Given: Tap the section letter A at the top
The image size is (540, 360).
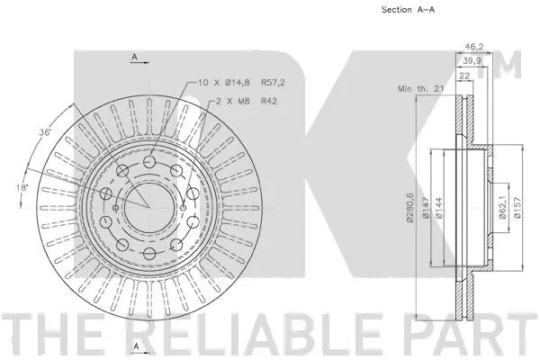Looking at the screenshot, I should [135, 57].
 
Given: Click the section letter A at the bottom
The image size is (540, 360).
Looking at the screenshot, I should [135, 346].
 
